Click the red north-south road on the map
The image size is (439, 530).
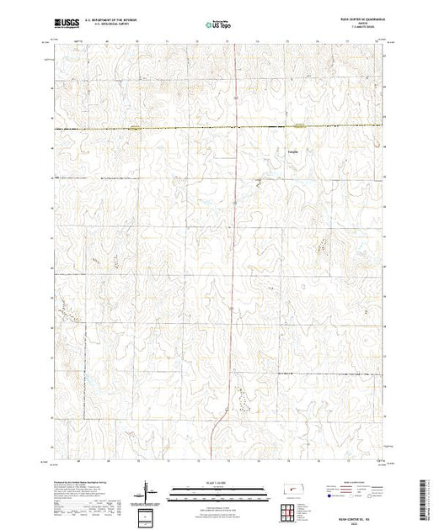click(x=234, y=252)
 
